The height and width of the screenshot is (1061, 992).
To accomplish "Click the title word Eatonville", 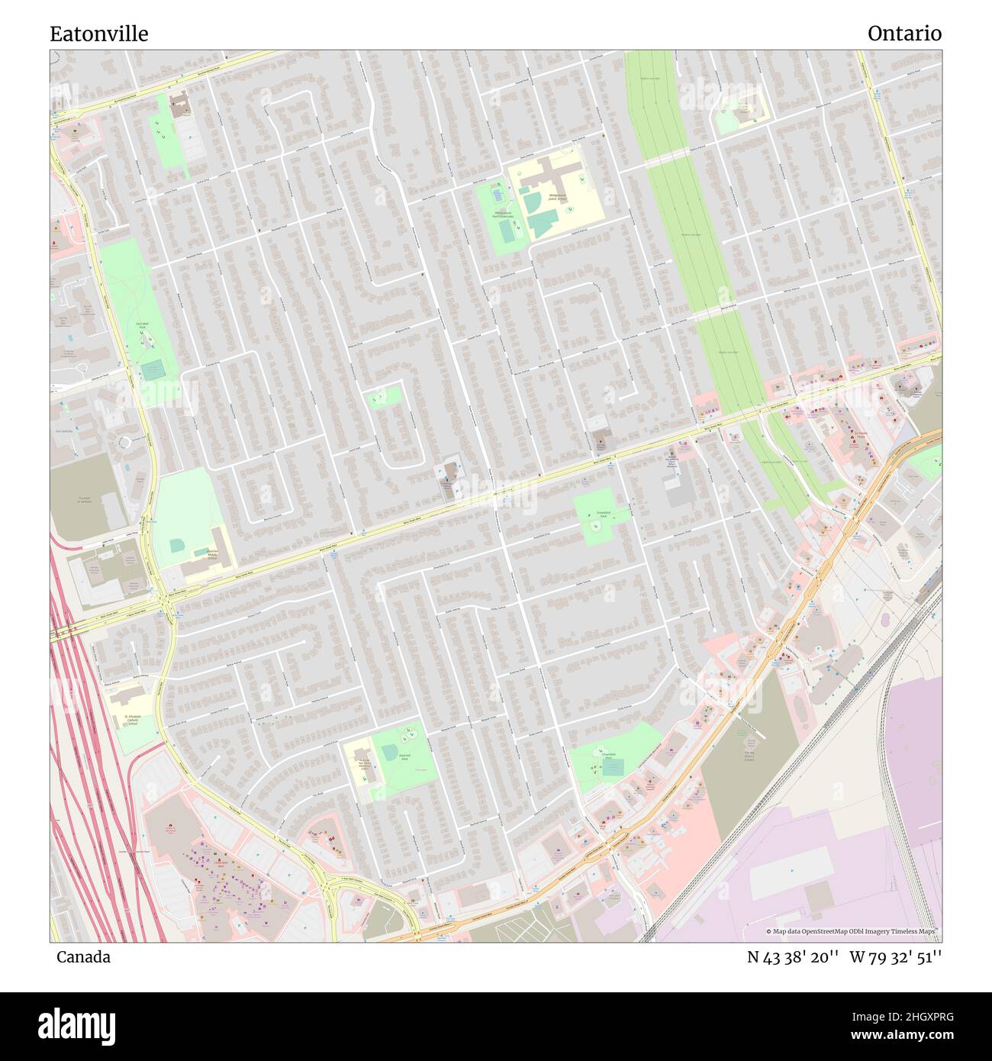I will pos(99,34).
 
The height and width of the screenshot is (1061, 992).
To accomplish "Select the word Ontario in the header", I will pos(903,34).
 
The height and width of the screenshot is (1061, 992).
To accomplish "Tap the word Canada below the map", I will pos(83,957).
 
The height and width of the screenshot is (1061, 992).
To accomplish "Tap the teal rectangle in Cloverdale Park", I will pos(613,766).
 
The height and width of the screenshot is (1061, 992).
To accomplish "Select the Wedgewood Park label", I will pos(501,215).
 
